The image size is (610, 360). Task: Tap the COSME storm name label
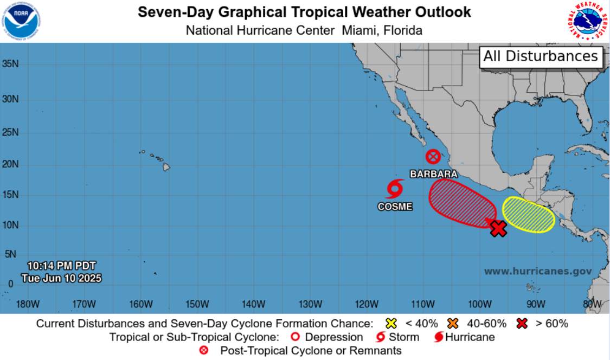point(395,207)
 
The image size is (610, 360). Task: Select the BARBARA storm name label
point(433,174)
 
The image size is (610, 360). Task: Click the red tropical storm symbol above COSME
point(395,189)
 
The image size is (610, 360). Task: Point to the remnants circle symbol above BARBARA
point(433,157)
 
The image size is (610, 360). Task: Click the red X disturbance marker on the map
point(498,228)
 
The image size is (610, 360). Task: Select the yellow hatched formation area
point(528,215)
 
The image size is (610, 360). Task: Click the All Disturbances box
point(541,56)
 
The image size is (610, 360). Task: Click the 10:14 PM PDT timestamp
point(61,266)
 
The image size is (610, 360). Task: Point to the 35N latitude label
point(10,64)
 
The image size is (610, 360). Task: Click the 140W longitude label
point(253,304)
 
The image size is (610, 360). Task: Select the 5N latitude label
point(10,254)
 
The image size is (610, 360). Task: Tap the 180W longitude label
point(28,304)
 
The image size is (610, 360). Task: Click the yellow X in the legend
point(391,324)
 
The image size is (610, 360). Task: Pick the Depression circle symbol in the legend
point(296,337)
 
